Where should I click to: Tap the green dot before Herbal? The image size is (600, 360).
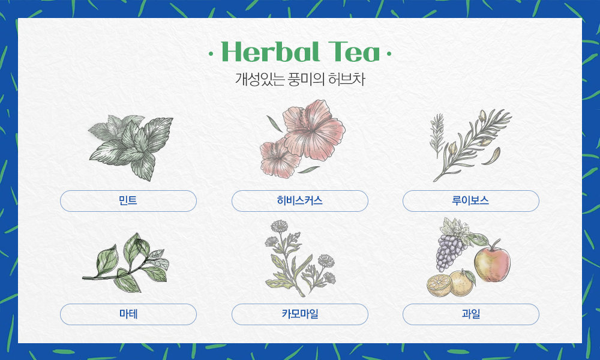pos(211,55)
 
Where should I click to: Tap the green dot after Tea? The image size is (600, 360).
pos(389,55)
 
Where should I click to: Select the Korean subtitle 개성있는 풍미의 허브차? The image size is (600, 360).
pos(300,79)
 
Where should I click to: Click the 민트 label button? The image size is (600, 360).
pos(128,201)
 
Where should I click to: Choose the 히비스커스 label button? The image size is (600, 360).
pos(300,201)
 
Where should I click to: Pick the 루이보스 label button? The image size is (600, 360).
pos(471,201)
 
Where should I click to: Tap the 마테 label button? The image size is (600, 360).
pos(128,314)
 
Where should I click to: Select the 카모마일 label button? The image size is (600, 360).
pos(300,314)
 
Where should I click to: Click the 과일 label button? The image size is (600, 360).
pos(471,314)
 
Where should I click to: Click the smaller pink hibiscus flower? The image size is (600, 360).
pos(280,157)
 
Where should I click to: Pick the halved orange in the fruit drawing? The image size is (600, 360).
pos(440,286)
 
